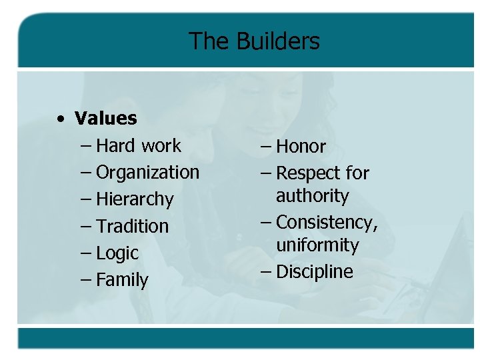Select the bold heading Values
105,119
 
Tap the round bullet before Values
61,120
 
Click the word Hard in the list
115,145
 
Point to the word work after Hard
160,145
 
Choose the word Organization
147,173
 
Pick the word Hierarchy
135,199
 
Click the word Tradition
133,226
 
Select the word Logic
117,253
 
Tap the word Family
122,280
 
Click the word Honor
301,146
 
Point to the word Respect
303,173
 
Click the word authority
312,196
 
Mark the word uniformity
317,245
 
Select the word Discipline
314,272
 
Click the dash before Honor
265,147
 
